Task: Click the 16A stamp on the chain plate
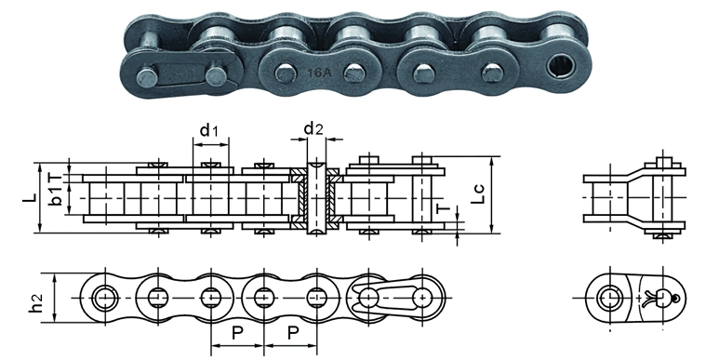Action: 319,72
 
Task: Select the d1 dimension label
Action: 209,130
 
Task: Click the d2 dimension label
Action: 313,129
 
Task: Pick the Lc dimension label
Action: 479,193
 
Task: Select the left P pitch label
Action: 237,333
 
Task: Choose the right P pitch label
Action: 293,333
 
